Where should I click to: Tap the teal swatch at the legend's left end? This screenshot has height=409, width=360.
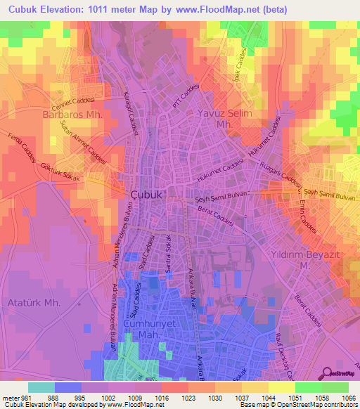tap(41, 387)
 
